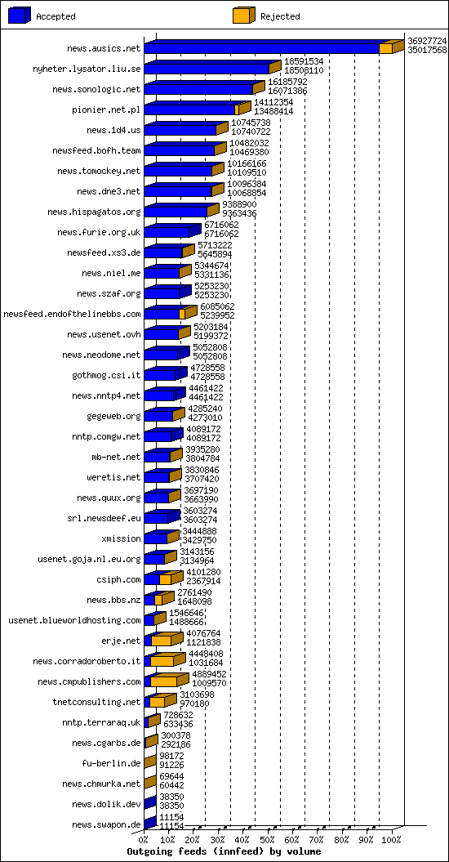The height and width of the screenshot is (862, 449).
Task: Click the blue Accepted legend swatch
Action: [20, 16]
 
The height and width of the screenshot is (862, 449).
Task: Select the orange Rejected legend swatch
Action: [243, 16]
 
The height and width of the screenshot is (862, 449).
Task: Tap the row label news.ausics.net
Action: [104, 48]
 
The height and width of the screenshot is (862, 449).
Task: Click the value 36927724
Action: [427, 41]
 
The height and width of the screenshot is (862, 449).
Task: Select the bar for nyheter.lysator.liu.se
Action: [213, 67]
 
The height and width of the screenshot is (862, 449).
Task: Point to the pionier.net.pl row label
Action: [107, 110]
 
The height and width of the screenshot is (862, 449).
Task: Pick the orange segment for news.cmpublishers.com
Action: [164, 681]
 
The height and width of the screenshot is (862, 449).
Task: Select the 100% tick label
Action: [392, 839]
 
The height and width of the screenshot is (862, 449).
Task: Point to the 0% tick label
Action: [144, 839]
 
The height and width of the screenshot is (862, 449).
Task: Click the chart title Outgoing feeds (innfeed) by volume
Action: [224, 851]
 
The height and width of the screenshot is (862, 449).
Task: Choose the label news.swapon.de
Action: [107, 824]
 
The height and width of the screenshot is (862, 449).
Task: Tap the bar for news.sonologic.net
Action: [204, 87]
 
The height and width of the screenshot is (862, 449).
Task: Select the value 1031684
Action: [205, 664]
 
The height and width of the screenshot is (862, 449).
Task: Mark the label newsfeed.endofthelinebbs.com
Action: [72, 314]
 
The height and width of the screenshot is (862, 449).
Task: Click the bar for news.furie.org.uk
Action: [172, 230]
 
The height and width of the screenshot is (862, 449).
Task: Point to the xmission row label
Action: [122, 538]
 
